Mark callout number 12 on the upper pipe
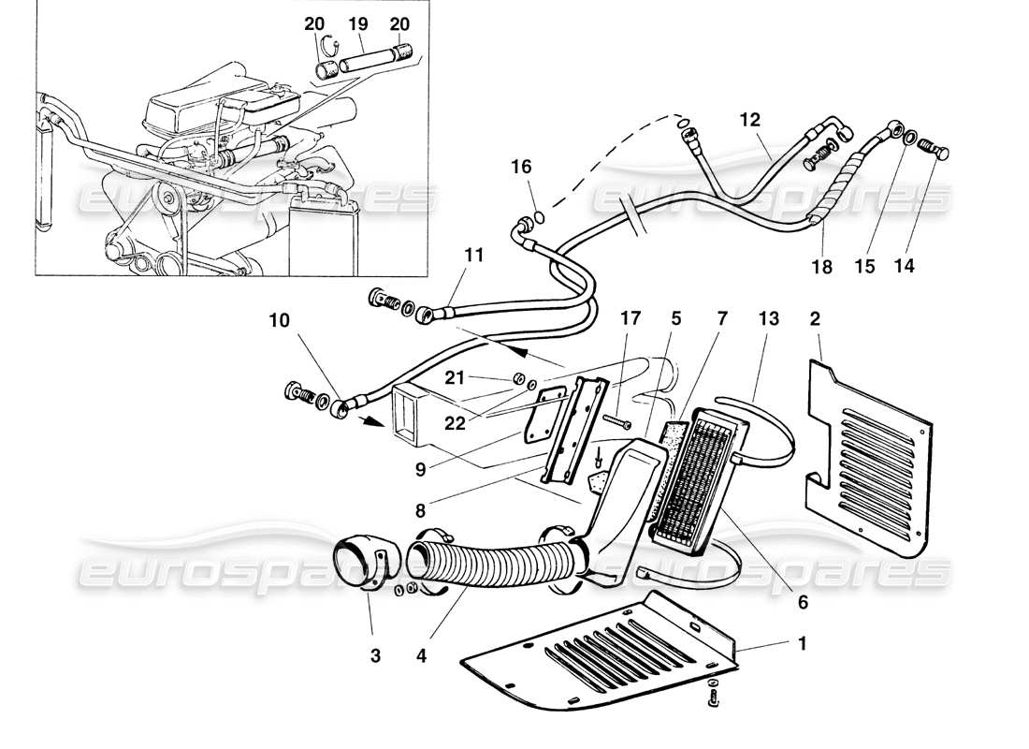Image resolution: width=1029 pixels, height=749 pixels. click(750, 120)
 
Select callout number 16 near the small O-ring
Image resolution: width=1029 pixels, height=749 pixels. click(521, 167)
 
